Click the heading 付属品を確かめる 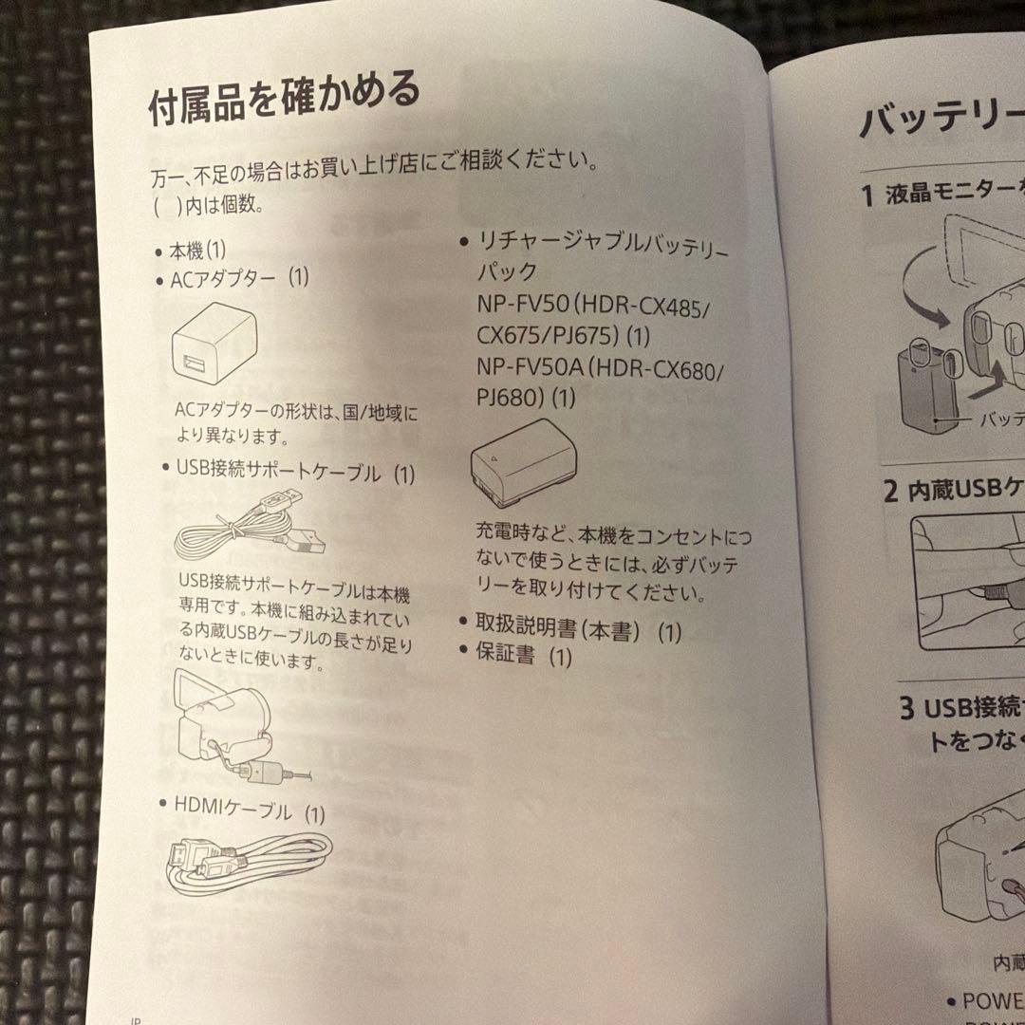[283, 99]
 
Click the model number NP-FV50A [528, 368]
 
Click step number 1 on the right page [867, 196]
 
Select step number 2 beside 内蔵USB [890, 491]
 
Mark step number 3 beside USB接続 [906, 707]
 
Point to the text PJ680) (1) [526, 397]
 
